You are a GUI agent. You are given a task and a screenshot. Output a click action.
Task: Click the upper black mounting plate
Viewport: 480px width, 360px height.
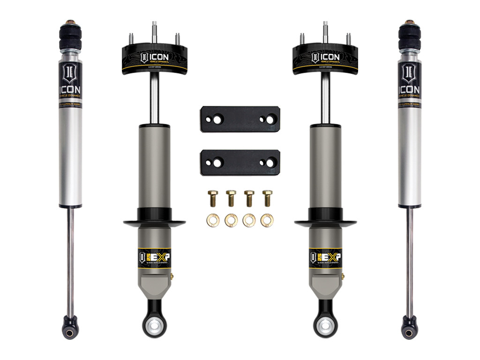(240, 120)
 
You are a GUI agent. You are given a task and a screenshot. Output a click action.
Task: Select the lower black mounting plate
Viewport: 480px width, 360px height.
(240, 162)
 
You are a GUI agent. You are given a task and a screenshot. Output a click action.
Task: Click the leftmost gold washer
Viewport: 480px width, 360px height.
(212, 219)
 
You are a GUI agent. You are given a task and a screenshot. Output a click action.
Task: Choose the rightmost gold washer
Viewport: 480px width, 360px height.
(267, 219)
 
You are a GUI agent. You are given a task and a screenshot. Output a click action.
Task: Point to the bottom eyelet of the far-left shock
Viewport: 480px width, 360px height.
(70, 330)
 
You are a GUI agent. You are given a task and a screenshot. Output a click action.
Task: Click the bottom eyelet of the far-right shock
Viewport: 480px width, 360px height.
(409, 330)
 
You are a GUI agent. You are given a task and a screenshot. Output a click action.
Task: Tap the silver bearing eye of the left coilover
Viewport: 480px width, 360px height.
(154, 326)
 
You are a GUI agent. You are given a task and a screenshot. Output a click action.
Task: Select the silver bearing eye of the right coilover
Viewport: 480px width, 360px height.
(325, 326)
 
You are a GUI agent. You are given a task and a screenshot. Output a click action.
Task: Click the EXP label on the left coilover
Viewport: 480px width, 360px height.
(154, 256)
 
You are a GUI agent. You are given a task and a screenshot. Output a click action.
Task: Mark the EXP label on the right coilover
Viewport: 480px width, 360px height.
(325, 256)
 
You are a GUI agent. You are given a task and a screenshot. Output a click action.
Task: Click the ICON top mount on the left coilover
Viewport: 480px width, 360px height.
(154, 59)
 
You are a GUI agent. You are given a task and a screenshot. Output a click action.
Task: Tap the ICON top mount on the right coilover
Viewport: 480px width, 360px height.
(325, 59)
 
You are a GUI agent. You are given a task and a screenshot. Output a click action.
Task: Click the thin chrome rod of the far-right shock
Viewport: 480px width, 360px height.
(410, 262)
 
